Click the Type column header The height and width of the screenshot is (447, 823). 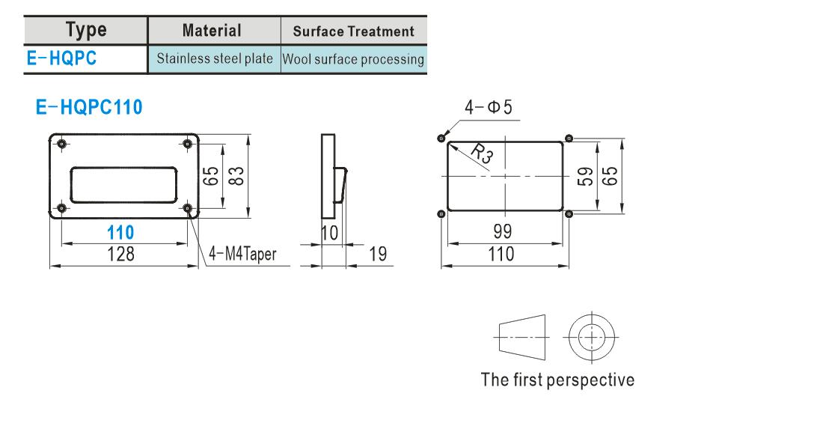86,31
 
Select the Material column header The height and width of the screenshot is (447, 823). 212,31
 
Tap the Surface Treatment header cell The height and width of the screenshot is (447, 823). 354,31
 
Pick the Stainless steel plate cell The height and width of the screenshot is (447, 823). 215,58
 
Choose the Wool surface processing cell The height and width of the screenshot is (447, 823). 353,59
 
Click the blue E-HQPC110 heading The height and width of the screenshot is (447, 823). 89,107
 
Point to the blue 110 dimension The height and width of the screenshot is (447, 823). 120,232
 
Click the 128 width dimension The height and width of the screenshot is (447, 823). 120,255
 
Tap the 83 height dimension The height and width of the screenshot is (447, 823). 236,176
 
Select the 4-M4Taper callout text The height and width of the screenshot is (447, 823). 242,255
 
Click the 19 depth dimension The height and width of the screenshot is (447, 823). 378,255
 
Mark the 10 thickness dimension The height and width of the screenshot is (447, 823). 330,233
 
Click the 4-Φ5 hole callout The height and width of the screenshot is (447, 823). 488,107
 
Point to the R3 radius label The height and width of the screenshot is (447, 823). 482,153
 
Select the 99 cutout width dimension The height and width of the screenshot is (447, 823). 502,231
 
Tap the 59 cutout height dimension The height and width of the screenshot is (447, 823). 585,177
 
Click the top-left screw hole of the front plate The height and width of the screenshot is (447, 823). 62,144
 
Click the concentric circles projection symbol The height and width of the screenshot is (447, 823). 592,337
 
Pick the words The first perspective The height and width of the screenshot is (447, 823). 557,380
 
